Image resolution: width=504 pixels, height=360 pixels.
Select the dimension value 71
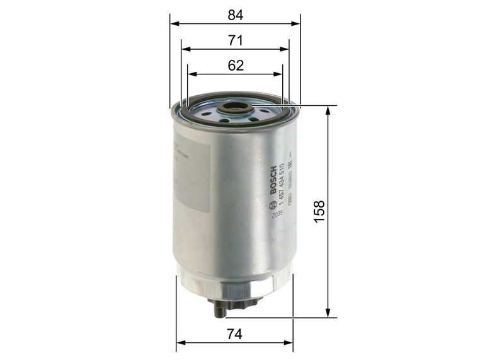tap(236, 40)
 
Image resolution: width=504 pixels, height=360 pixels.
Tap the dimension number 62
tap(236, 66)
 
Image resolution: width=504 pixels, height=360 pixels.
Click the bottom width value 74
tap(235, 335)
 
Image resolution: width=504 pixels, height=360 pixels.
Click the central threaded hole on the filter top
tap(235, 108)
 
